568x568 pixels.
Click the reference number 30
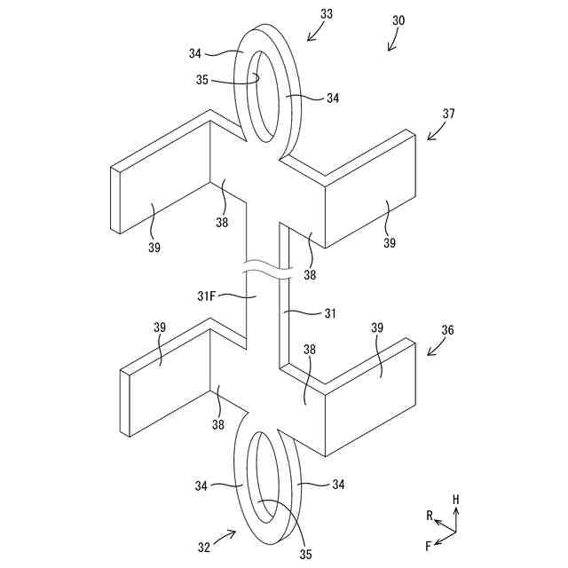398,20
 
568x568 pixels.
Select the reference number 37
448,114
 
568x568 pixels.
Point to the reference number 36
448,329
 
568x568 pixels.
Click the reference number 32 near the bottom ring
204,547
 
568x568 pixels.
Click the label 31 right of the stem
329,312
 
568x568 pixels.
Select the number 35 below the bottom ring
305,554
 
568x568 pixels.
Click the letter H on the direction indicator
456,500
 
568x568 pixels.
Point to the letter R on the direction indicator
429,515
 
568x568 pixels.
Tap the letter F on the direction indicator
427,544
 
